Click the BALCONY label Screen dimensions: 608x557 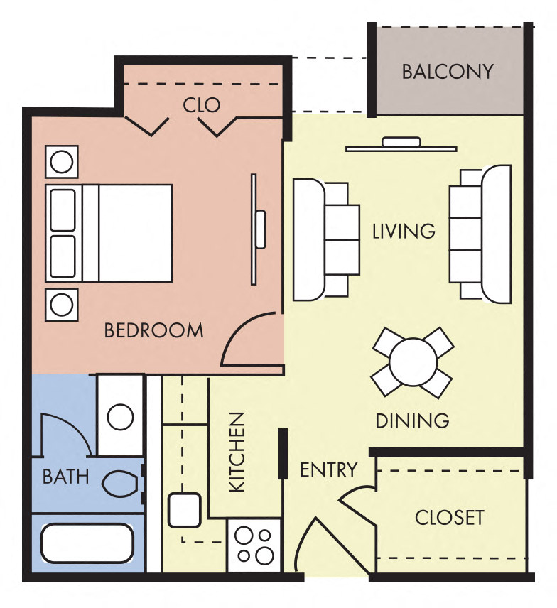click(447, 72)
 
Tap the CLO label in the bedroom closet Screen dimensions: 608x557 click(202, 106)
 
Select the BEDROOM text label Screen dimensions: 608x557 click(153, 330)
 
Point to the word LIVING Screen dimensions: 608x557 click(404, 232)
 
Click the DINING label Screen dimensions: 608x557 click(412, 420)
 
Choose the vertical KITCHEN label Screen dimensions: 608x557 click(237, 452)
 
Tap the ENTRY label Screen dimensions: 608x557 click(328, 469)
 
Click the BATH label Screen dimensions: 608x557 click(66, 476)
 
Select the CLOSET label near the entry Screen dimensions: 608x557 click(449, 517)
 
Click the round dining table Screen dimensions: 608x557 click(413, 362)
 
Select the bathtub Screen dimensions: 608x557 click(86, 543)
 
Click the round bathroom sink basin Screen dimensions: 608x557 click(120, 417)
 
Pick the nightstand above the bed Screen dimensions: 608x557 click(62, 162)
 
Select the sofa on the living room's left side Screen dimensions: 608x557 click(320, 239)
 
